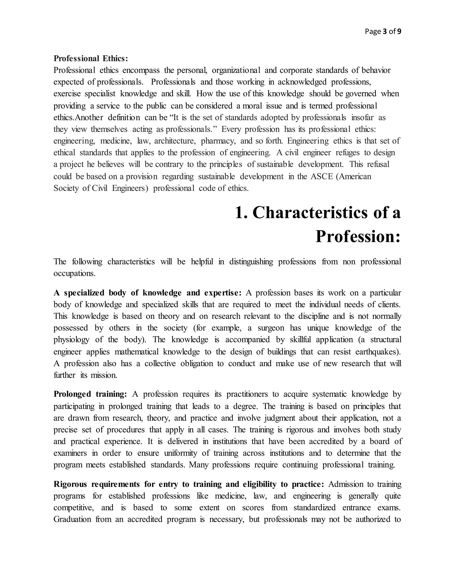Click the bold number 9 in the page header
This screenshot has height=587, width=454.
pos(399,32)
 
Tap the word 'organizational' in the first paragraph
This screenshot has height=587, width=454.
pos(236,70)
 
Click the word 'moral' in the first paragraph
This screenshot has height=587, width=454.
pos(252,106)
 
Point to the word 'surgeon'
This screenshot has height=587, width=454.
pos(271,328)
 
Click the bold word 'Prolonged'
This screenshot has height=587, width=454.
pos(72,394)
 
